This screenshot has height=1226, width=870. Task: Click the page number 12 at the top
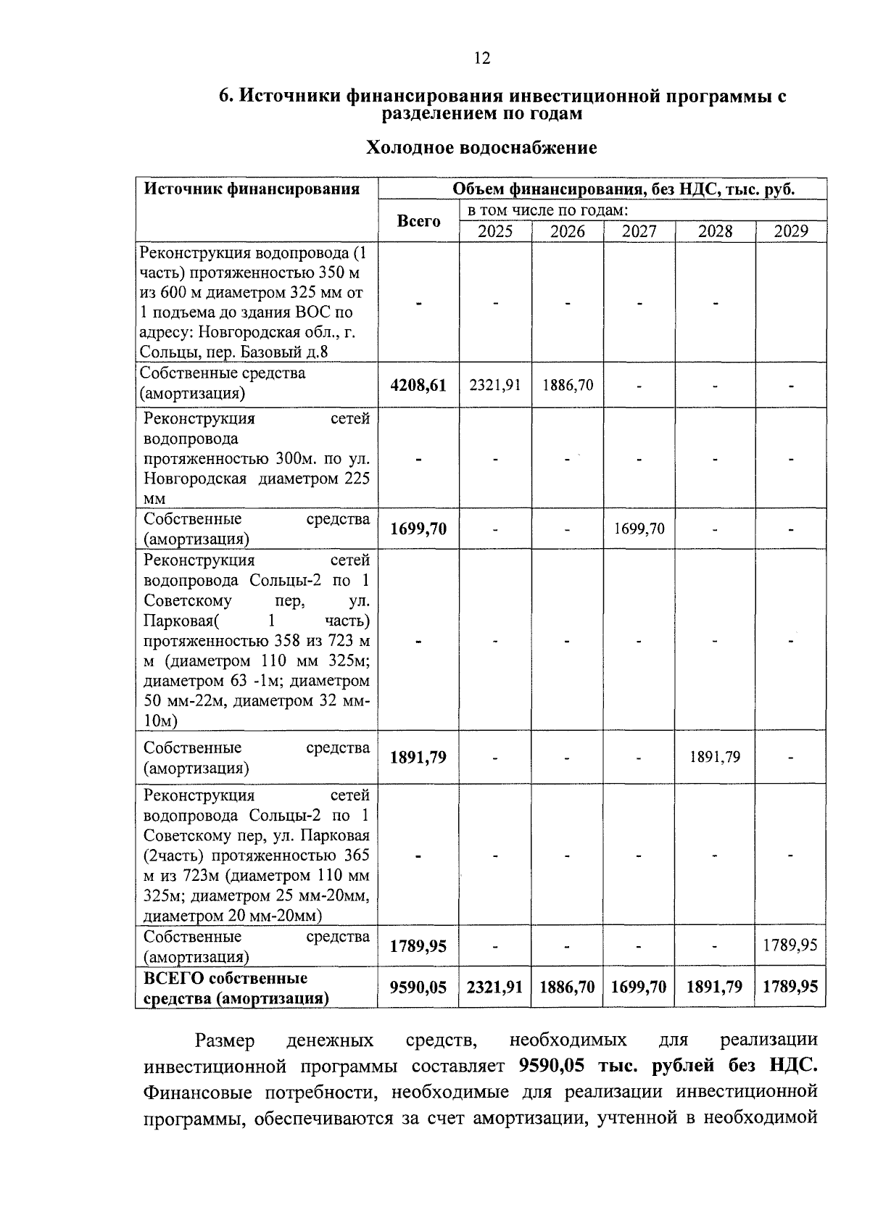click(x=482, y=59)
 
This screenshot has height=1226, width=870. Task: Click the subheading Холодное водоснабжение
click(x=481, y=148)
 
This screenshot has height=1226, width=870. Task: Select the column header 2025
click(x=495, y=231)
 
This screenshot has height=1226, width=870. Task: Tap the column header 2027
click(x=639, y=231)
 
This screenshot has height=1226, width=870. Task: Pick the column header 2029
click(x=790, y=231)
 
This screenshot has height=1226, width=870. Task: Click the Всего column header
click(x=418, y=221)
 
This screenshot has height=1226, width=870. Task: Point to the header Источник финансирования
click(x=252, y=189)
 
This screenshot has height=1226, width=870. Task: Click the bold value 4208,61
click(x=418, y=385)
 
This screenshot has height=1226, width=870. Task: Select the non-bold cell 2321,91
click(x=495, y=385)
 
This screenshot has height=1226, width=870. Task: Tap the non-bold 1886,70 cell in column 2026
click(x=568, y=385)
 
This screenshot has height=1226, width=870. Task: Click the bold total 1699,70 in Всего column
click(x=418, y=529)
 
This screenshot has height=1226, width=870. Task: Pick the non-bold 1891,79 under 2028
click(x=715, y=758)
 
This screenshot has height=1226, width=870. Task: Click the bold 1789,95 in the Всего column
click(x=418, y=946)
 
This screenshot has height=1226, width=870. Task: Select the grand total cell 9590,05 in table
click(x=418, y=987)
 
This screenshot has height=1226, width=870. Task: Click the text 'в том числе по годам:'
click(x=547, y=211)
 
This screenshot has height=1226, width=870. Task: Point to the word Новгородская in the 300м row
click(x=194, y=479)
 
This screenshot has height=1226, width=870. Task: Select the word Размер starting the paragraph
click(x=225, y=1041)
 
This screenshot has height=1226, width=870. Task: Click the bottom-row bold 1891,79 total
click(x=715, y=987)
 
